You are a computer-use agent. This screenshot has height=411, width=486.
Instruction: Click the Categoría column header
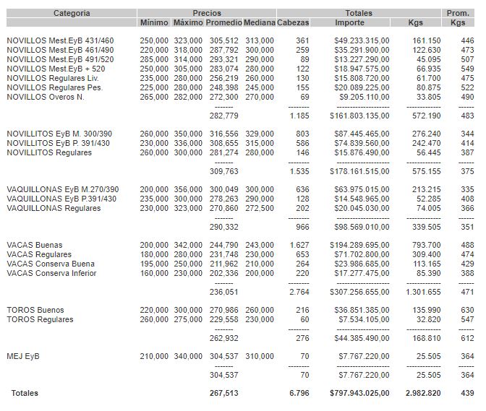tap(72, 13)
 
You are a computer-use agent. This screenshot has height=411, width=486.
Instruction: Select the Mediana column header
tap(259, 22)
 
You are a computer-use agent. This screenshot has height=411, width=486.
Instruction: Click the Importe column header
tap(350, 22)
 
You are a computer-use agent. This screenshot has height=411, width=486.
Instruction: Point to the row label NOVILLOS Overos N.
tap(46, 96)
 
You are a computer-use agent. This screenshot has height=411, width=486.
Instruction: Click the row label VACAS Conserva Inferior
tap(51, 273)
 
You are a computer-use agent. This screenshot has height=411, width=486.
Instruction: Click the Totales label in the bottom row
tap(23, 393)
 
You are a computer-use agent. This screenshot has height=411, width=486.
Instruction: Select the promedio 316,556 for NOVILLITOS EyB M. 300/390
tap(223, 134)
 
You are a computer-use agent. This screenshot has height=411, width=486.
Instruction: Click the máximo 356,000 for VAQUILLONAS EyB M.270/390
tap(188, 189)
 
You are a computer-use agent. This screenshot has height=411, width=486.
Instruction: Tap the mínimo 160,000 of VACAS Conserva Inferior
tap(154, 273)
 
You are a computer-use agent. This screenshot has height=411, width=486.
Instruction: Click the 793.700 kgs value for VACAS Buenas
tap(425, 245)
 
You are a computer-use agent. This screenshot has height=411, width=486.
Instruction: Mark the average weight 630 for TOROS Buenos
tap(467, 310)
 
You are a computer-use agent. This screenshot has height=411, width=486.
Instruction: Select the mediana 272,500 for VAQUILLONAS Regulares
tap(259, 208)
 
